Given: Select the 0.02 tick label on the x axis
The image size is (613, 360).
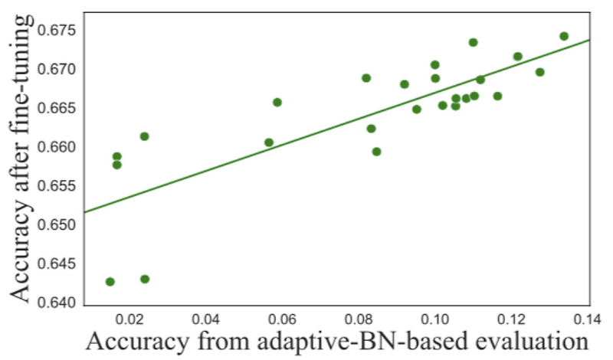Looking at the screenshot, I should point(129,316).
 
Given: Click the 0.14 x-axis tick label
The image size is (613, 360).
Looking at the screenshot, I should point(588,316).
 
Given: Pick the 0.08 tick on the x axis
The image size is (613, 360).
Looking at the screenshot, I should point(359,316).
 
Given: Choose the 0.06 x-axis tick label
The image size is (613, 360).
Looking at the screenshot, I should point(283,316).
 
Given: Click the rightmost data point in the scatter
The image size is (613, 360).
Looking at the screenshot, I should point(564,36).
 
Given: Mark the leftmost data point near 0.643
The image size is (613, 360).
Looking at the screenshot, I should point(110,282).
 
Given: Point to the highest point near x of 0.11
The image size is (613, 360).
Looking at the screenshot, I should point(473,42).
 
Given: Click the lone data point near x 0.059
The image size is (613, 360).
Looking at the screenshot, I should point(277,102).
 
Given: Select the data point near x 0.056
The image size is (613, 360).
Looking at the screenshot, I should point(269,142).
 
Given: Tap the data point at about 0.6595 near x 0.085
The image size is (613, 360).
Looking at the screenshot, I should point(376,152).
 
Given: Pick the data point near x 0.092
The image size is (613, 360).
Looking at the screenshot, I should point(405,84).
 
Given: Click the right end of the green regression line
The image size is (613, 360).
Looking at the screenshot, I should point(588,40).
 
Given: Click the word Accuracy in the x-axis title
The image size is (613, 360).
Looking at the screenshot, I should point(135,341).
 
